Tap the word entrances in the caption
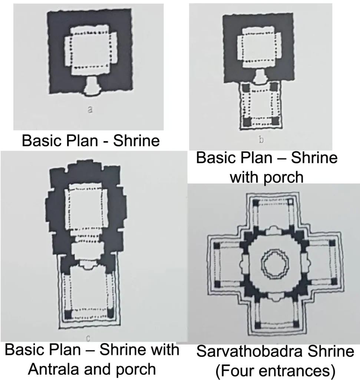pos(298,370)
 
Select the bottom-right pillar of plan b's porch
pos(274,121)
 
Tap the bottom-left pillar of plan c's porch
pos(67,314)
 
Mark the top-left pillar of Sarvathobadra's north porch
pos(255,202)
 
